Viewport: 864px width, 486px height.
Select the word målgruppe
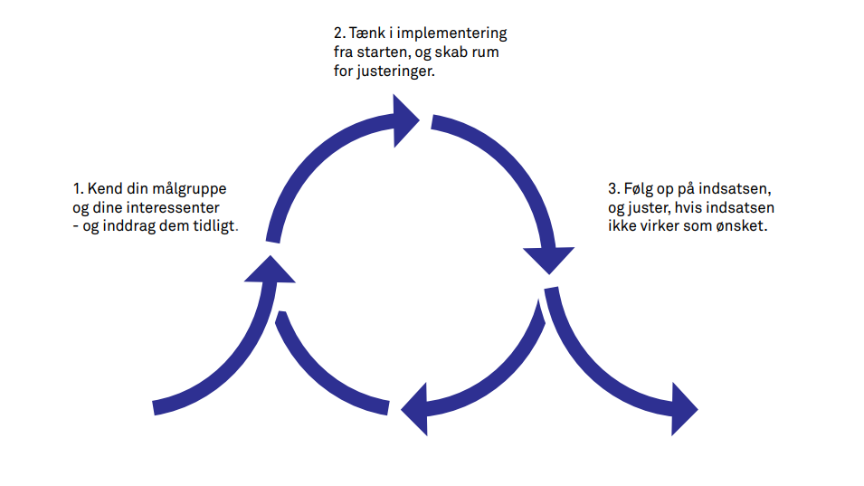pyautogui.click(x=188, y=191)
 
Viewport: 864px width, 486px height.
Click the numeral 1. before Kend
pyautogui.click(x=78, y=190)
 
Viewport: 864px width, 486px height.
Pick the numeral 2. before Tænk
pyautogui.click(x=338, y=33)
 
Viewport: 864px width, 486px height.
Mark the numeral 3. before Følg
pyautogui.click(x=613, y=190)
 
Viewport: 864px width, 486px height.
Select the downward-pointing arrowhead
pyautogui.click(x=548, y=260)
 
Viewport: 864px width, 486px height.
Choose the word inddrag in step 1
pyautogui.click(x=125, y=227)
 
